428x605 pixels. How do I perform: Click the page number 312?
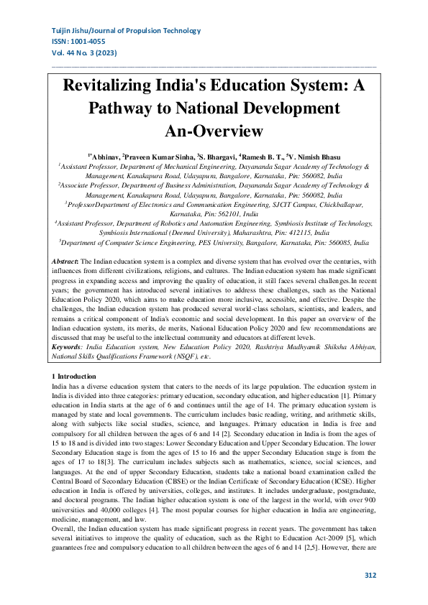pyautogui.click(x=370, y=575)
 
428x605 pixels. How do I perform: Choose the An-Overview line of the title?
pyautogui.click(x=214, y=131)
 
